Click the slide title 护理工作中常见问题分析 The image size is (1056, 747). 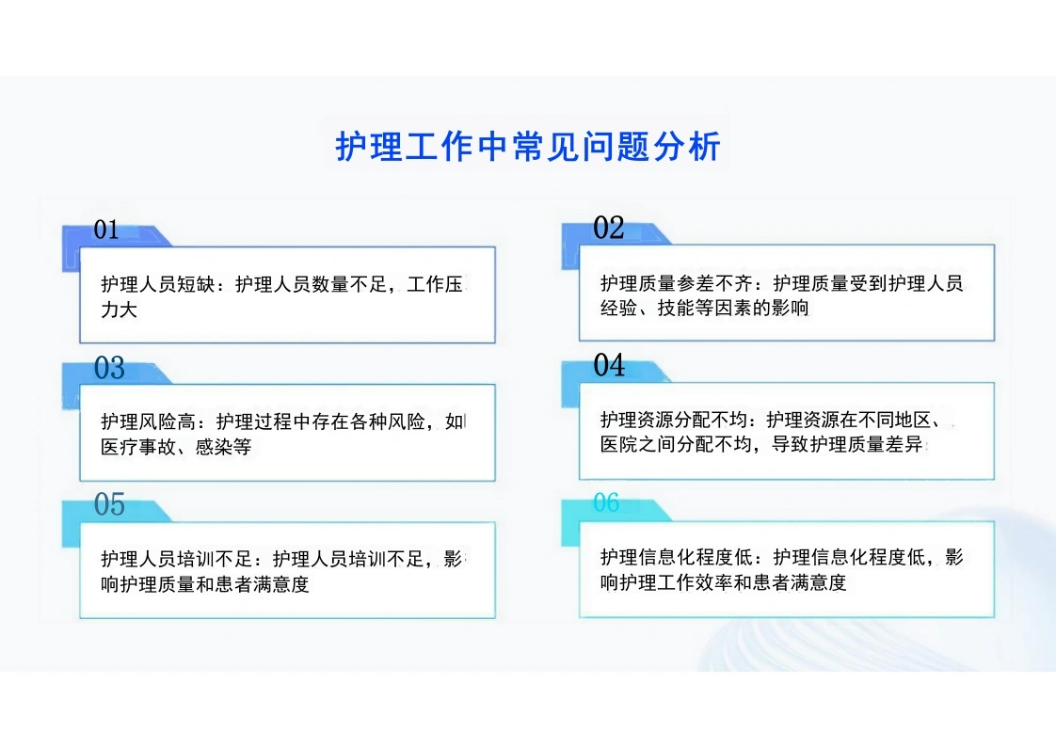[528, 146]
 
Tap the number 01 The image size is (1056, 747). [106, 230]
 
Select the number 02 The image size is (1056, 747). [609, 228]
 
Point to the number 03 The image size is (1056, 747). [109, 368]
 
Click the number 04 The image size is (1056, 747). [609, 365]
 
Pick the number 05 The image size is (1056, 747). [109, 504]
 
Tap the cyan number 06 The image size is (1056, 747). [606, 502]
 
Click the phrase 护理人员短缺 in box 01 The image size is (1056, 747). [157, 284]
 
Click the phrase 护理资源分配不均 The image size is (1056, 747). [674, 420]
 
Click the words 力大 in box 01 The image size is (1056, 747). [120, 310]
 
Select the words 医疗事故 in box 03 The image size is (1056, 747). [138, 447]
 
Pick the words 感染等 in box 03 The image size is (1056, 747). [224, 447]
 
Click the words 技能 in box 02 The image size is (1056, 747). [676, 309]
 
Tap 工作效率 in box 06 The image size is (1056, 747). [695, 582]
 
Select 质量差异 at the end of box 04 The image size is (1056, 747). [886, 445]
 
